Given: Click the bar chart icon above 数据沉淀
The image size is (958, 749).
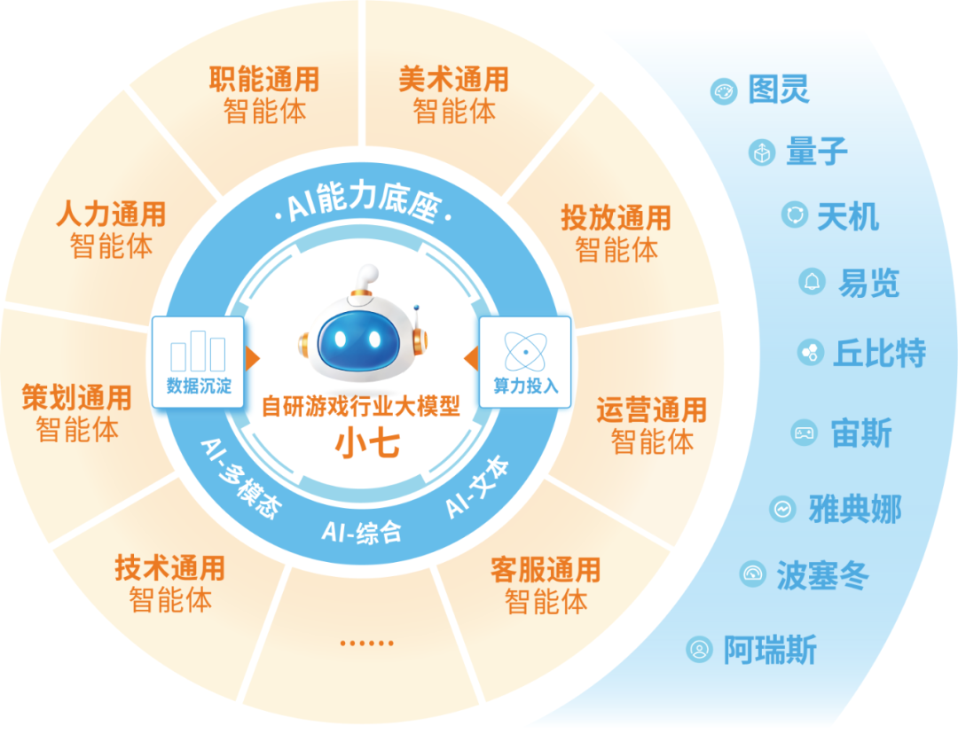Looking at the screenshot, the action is [x=198, y=351].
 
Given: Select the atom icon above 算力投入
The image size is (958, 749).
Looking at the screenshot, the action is [x=525, y=352].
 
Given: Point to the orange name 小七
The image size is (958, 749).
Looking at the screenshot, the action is [x=367, y=443].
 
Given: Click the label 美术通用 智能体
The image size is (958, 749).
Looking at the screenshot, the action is [x=453, y=95].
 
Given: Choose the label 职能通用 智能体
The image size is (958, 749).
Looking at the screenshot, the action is [x=264, y=95].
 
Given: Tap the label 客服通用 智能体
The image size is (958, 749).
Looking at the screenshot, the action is [x=546, y=585].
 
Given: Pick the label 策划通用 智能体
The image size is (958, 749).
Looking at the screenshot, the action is [x=77, y=413].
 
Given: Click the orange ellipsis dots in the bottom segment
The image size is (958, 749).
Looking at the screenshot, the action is [x=366, y=643].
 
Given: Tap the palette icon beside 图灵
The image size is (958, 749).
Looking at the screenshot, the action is [x=724, y=91].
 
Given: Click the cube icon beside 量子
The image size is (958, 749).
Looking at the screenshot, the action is [x=762, y=152].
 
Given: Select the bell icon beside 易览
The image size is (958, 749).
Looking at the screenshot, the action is [x=812, y=281].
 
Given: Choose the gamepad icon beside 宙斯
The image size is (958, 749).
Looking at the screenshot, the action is [x=804, y=433].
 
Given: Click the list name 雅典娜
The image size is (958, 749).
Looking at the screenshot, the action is [x=855, y=509].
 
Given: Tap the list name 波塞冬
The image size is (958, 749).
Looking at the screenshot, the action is [x=822, y=575].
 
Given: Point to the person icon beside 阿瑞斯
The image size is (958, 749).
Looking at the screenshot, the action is [x=700, y=649].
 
